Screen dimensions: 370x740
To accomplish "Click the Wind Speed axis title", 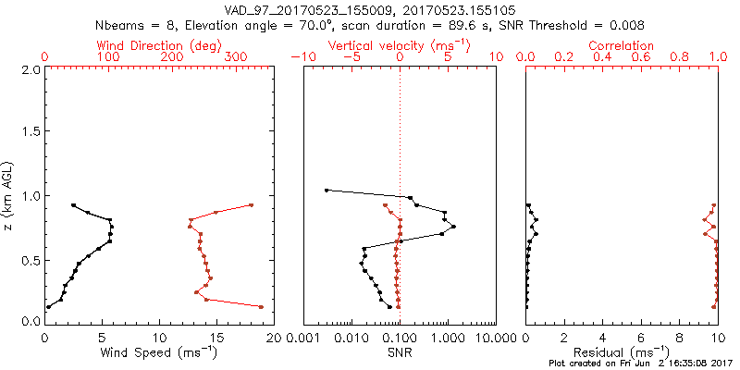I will [160, 351].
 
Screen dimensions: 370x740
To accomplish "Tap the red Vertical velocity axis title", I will [399, 45].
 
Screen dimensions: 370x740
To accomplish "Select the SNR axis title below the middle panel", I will [400, 351].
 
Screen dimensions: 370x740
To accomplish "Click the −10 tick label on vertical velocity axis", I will [302, 57].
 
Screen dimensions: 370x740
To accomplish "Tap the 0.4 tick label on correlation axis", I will [603, 57].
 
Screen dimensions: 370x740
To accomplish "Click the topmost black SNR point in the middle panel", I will [327, 191].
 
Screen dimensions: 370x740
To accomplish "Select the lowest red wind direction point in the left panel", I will [262, 306].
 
